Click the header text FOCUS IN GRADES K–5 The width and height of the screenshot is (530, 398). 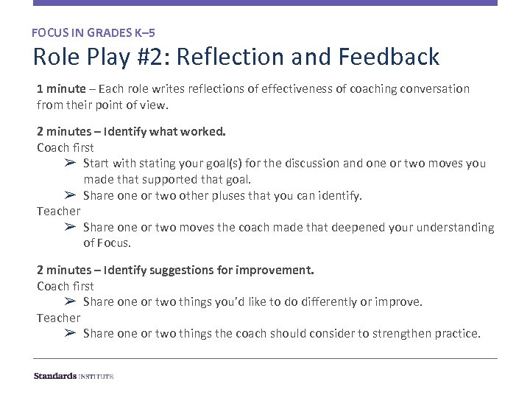point(93,32)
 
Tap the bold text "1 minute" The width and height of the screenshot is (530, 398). point(61,88)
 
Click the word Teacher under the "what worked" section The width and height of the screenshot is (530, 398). point(58,212)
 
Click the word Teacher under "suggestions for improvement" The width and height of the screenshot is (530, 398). point(58,318)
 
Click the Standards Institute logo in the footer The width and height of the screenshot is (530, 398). point(74,376)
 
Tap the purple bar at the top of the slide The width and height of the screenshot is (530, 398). point(265,3)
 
